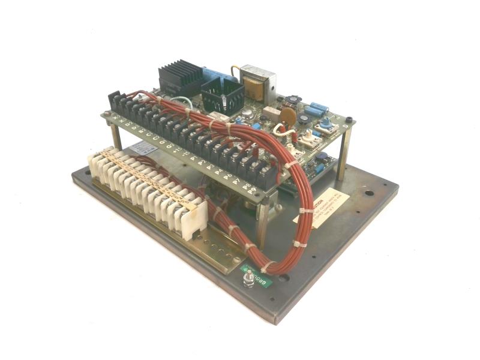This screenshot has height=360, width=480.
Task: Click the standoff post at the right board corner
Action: pyautogui.click(x=344, y=156)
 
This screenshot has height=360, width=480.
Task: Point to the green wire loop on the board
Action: pyautogui.click(x=180, y=103)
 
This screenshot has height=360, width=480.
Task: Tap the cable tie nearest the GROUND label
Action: pyautogui.click(x=268, y=264)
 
